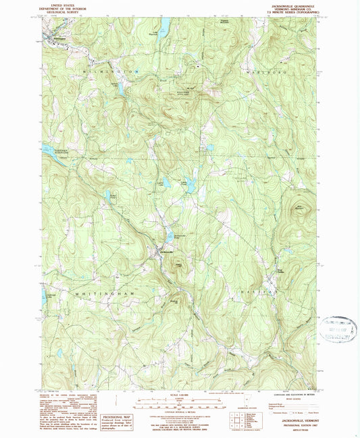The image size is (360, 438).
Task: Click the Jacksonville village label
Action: click(x=167, y=252)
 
